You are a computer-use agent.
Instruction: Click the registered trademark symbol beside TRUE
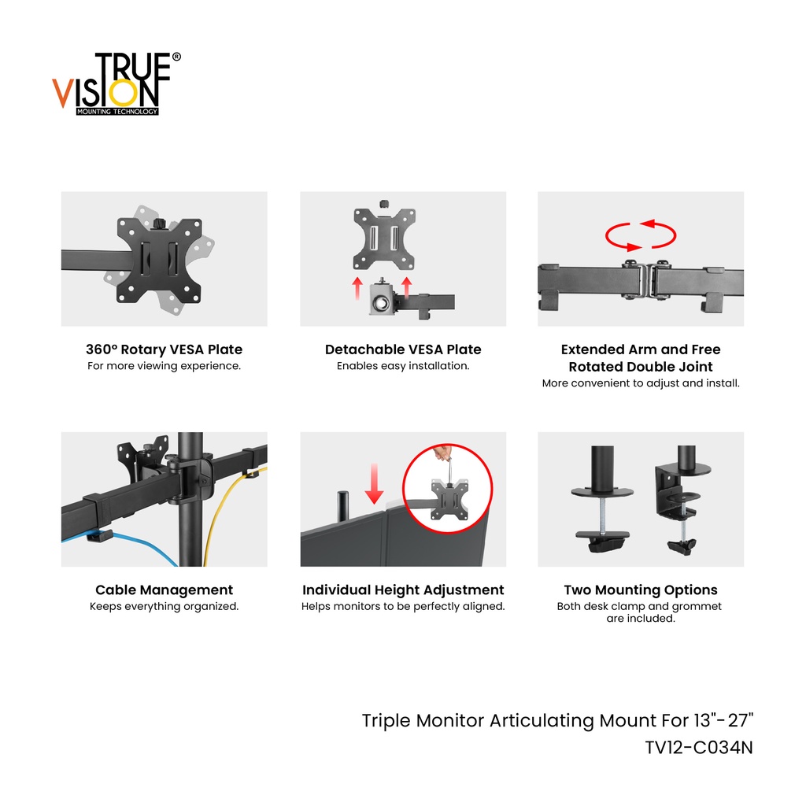(176, 57)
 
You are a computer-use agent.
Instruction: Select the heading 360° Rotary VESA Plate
(164, 349)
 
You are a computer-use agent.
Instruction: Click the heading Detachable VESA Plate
(403, 349)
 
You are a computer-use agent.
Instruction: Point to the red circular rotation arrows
(641, 235)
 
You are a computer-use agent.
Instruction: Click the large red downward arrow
(374, 483)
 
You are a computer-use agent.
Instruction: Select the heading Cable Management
(164, 590)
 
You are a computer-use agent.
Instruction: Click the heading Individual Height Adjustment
(403, 590)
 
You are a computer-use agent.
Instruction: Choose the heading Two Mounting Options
(641, 590)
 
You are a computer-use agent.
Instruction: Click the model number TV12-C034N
(699, 748)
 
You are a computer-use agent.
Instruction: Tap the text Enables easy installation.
(403, 366)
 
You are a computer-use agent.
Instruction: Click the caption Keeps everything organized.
(164, 607)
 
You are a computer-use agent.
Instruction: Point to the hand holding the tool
(442, 453)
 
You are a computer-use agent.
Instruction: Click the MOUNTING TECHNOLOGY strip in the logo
(117, 112)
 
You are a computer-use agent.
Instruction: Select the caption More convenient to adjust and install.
(641, 383)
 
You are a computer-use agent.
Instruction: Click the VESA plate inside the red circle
(449, 498)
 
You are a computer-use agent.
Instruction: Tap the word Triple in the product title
(386, 721)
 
